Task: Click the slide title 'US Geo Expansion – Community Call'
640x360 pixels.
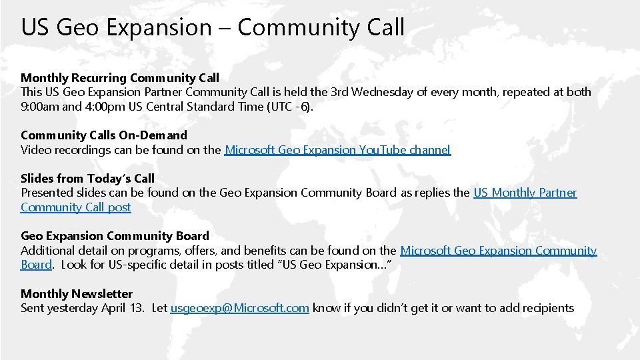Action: point(213,27)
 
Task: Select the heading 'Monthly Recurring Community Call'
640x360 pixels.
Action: point(120,78)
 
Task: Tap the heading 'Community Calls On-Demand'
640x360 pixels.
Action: point(104,135)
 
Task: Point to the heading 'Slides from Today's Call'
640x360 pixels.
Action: point(87,178)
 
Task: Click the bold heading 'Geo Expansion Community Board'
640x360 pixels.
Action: point(115,235)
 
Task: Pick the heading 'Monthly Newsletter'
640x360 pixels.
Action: point(77,293)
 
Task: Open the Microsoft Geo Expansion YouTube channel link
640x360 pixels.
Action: point(338,150)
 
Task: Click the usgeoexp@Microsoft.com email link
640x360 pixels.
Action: point(239,308)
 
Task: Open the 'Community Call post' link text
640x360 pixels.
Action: point(76,207)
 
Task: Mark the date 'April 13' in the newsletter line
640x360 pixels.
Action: point(124,308)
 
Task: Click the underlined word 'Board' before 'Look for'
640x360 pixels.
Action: point(36,265)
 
